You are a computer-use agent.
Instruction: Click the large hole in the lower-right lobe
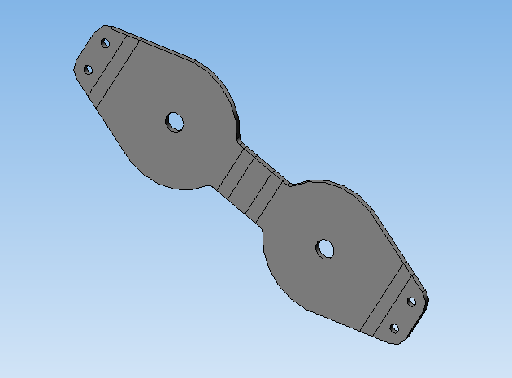325,248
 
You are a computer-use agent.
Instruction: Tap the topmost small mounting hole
105,43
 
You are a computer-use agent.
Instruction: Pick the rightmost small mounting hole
411,302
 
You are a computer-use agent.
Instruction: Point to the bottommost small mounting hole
395,328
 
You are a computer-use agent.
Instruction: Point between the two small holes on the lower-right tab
403,315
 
